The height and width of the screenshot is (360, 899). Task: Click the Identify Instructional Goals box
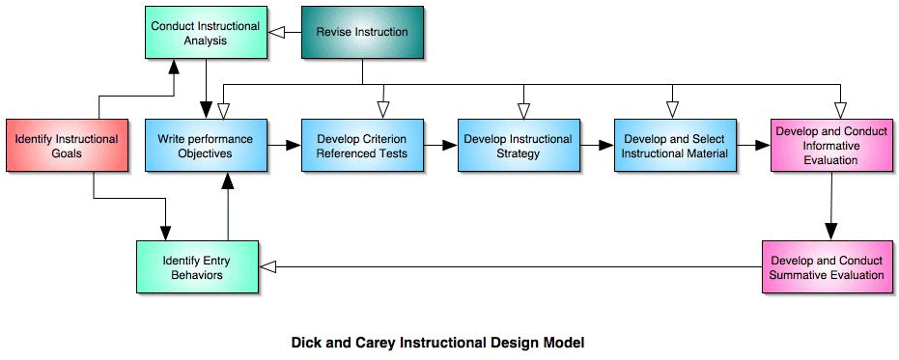coord(67,145)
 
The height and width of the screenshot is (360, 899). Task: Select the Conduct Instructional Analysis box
coord(206,32)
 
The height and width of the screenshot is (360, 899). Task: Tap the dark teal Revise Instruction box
coord(362,32)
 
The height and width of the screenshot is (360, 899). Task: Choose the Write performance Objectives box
coord(206,145)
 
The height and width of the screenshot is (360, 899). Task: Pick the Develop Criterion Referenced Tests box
coord(362,145)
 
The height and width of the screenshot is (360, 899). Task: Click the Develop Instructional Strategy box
coord(519,145)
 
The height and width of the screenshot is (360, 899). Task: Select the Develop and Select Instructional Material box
coord(675,145)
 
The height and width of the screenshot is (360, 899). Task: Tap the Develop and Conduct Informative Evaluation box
coord(831,145)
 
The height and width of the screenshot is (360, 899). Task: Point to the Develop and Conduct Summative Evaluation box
coord(827,267)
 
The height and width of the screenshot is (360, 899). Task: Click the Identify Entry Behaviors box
coord(197,267)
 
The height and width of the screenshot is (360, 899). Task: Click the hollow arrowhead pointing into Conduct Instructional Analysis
coord(276,33)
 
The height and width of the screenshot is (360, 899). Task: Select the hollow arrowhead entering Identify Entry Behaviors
coord(268,266)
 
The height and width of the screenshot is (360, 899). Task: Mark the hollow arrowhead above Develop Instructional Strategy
coord(523,110)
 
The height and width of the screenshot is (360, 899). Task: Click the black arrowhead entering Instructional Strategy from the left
coord(450,145)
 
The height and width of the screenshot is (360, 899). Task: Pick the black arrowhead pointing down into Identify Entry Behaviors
coord(166,233)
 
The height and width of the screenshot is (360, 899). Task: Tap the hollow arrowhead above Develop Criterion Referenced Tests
coord(383,110)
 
